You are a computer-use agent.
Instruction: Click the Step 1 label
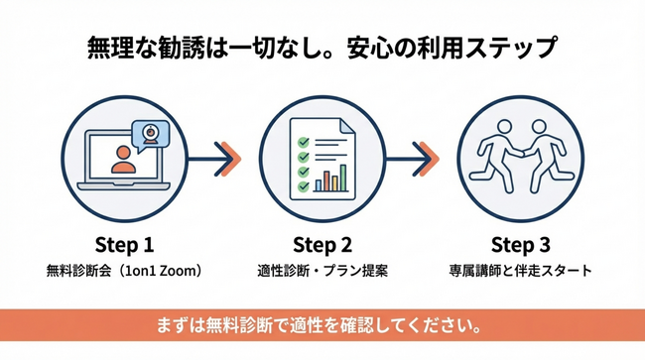(x=124, y=244)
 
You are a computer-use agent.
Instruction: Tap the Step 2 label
(x=322, y=244)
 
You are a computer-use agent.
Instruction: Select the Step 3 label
(x=521, y=244)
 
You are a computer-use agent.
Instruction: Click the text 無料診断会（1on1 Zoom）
(x=124, y=270)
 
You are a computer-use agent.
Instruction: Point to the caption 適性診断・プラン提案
(x=322, y=270)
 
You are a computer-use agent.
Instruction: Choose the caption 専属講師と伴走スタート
(x=521, y=270)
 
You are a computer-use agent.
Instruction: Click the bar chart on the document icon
(x=332, y=179)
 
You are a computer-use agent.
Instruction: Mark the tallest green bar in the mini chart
(x=343, y=177)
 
